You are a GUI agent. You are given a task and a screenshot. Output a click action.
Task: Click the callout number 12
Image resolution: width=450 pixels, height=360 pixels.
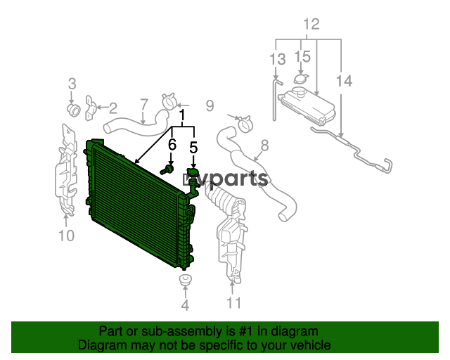pyautogui.click(x=311, y=24)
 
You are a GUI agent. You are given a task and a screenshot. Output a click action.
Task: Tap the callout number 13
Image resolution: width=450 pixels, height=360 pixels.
pyautogui.click(x=278, y=59)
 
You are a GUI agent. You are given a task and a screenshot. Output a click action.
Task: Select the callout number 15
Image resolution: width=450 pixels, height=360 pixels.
pyautogui.click(x=303, y=56)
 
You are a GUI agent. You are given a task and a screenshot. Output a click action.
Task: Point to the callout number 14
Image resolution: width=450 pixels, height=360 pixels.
pyautogui.click(x=344, y=81)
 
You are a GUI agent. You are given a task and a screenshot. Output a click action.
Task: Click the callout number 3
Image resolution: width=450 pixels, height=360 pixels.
pyautogui.click(x=72, y=84)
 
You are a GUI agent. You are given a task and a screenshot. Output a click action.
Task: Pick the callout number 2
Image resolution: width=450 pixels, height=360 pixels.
pyautogui.click(x=113, y=108)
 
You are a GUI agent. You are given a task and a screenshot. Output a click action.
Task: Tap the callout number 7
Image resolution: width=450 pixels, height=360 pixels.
pyautogui.click(x=144, y=105)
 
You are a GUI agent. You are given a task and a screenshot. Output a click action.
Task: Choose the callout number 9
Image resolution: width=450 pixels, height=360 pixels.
pyautogui.click(x=210, y=105)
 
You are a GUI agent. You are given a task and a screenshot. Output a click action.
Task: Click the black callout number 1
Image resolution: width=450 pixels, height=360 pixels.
pyautogui.click(x=183, y=115)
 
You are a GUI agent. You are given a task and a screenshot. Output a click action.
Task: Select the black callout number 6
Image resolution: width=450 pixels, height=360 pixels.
pyautogui.click(x=172, y=144)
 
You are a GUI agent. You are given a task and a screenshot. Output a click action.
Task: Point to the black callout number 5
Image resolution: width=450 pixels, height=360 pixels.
pyautogui.click(x=194, y=148)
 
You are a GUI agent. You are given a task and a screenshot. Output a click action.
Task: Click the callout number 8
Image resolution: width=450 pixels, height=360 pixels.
pyautogui.click(x=264, y=146)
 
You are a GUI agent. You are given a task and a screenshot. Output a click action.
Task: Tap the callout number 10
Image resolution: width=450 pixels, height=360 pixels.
pyautogui.click(x=66, y=236)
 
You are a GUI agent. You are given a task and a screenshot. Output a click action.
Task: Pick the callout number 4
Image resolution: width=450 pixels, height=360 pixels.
pyautogui.click(x=186, y=305)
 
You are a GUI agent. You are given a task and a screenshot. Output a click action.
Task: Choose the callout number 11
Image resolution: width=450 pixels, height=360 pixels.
pyautogui.click(x=234, y=302)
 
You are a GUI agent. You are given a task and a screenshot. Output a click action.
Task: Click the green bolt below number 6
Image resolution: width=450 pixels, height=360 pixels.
pyautogui.click(x=167, y=170)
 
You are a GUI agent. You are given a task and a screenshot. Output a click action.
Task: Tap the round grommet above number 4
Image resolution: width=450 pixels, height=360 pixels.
pyautogui.click(x=186, y=279)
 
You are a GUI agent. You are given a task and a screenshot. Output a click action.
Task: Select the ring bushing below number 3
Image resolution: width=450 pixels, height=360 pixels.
pyautogui.click(x=73, y=110)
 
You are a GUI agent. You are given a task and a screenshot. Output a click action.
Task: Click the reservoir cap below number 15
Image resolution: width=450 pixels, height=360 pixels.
pyautogui.click(x=301, y=79)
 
